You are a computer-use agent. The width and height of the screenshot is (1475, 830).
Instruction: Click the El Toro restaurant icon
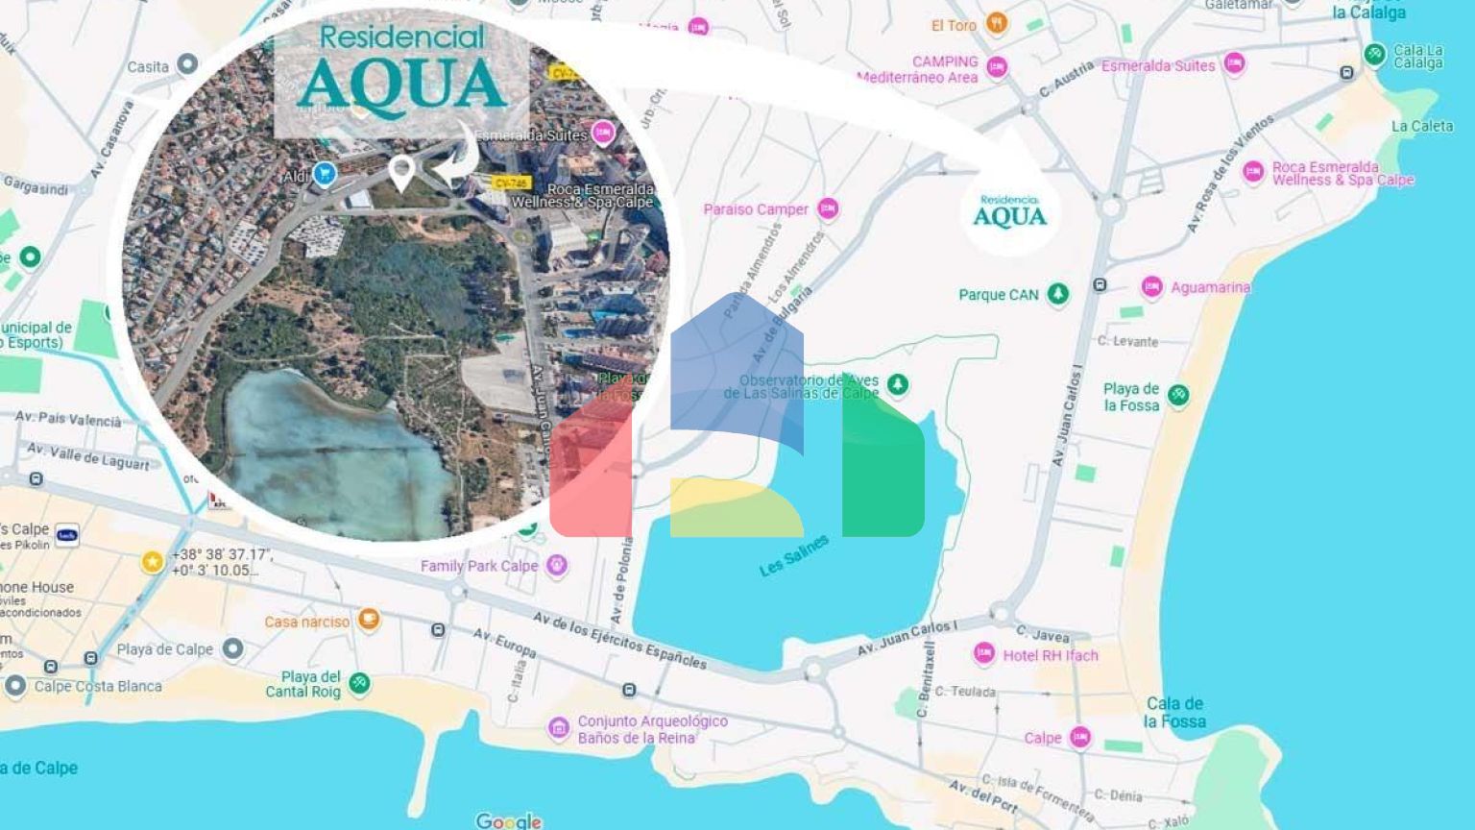click(x=997, y=24)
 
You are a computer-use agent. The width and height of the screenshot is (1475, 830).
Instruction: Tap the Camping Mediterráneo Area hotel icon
click(x=997, y=67)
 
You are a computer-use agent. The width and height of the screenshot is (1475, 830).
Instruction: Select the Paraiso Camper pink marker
click(x=828, y=208)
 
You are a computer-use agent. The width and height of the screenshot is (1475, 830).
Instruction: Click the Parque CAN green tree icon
click(x=1057, y=294)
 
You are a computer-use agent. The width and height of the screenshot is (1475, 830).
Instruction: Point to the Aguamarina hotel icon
click(x=1151, y=286)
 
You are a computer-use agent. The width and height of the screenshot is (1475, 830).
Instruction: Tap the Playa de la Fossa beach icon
click(x=1178, y=395)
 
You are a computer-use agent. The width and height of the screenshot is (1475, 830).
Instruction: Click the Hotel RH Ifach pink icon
click(x=983, y=654)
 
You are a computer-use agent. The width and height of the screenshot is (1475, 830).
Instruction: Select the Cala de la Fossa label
click(x=1173, y=712)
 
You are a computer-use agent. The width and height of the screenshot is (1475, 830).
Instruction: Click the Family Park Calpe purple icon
click(x=557, y=566)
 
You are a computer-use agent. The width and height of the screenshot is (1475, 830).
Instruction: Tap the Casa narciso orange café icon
click(x=369, y=620)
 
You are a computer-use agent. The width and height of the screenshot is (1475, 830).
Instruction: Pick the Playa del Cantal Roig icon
click(x=359, y=683)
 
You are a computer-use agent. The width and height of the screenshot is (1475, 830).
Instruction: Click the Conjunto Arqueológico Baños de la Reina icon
click(x=559, y=728)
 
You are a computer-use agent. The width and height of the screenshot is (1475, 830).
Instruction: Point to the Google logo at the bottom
click(x=508, y=820)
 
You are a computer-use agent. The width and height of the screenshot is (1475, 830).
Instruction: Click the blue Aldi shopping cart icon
click(x=325, y=174)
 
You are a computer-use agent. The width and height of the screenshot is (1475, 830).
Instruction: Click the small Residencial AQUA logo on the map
click(x=1009, y=211)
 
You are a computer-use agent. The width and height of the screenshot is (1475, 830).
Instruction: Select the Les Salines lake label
click(x=793, y=556)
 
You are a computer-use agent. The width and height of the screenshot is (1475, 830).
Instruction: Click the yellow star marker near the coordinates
click(x=152, y=562)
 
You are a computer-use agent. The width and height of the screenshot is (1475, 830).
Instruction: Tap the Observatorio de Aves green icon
click(x=897, y=385)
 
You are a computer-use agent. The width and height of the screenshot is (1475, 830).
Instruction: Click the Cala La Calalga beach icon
click(x=1374, y=55)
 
